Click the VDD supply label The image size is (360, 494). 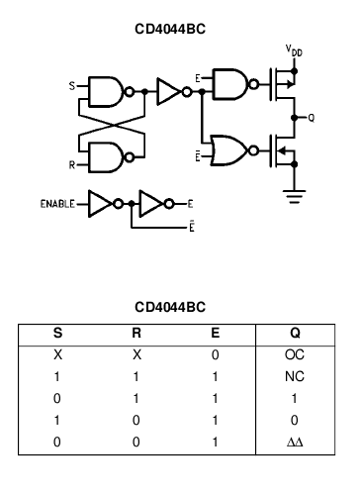coord(295,49)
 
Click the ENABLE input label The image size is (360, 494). coord(58,204)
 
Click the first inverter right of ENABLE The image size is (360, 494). coord(103,204)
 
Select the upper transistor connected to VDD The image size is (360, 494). coord(286,85)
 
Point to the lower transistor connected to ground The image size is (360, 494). coord(286,152)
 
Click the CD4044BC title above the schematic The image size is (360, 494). coord(169,30)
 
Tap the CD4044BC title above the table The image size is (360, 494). coord(169,307)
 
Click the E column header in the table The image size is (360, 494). coord(217,333)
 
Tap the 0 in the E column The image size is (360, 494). coord(217,352)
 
